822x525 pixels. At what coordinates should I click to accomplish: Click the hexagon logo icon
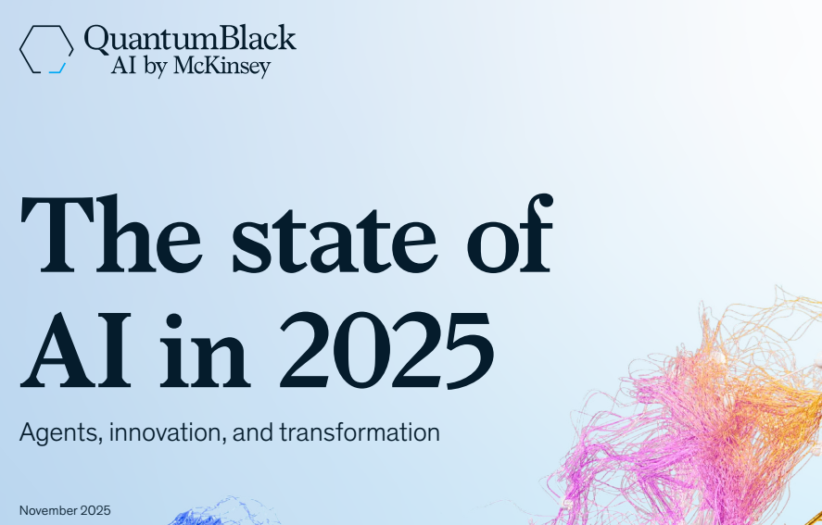(x=21, y=49)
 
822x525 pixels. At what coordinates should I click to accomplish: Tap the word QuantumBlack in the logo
(x=190, y=38)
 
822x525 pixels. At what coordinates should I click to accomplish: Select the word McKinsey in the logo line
(x=221, y=66)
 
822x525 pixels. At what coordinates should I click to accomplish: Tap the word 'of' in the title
(x=510, y=233)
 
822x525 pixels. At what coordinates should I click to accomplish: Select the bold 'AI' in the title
(x=75, y=350)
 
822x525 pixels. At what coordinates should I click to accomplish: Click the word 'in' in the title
(x=205, y=350)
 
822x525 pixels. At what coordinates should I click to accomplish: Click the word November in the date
(x=48, y=510)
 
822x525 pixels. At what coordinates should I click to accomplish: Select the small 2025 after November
(x=95, y=510)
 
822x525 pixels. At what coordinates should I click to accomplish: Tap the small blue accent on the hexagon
(x=57, y=69)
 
